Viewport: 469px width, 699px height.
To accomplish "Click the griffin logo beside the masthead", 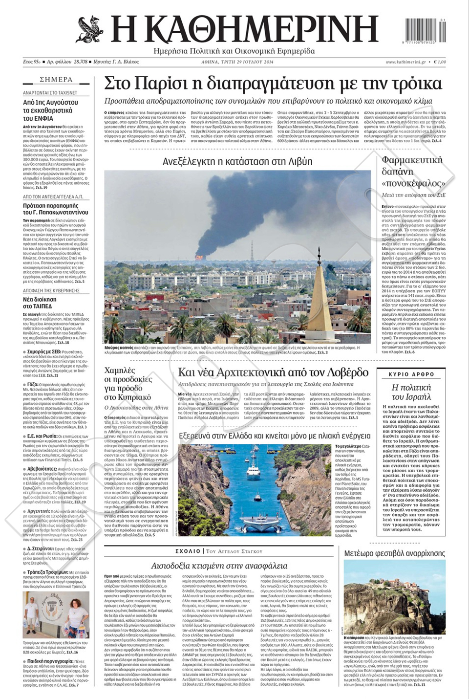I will (90, 29).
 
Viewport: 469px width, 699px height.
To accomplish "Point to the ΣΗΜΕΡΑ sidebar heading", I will (56, 80).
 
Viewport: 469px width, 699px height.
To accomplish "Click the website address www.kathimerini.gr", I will (405, 62).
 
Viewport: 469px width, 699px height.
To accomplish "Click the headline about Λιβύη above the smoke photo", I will (237, 161).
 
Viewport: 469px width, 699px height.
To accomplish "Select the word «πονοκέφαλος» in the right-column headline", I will (413, 183).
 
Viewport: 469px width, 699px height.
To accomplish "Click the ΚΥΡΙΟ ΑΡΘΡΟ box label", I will (411, 374).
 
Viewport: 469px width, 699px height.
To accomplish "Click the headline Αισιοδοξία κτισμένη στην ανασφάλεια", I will (219, 566).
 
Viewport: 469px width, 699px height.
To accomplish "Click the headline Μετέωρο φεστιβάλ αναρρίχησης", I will (394, 553).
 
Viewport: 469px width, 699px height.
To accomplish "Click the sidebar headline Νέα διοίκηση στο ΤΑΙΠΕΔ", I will (40, 303).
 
